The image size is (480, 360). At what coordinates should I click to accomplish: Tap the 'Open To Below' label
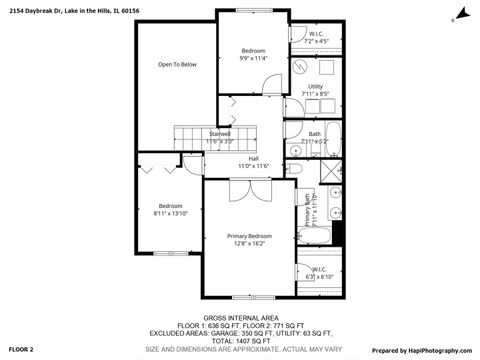(x=177, y=64)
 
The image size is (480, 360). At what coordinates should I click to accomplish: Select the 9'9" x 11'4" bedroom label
(x=254, y=54)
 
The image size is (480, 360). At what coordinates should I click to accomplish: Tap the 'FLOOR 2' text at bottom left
(x=21, y=350)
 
